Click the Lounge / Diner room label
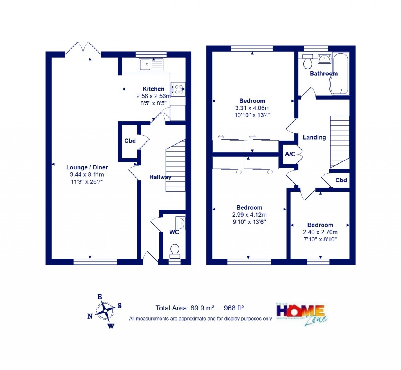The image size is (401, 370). coord(87,167)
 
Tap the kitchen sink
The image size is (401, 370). coord(151,64)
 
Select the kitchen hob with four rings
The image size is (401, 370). coord(177,90)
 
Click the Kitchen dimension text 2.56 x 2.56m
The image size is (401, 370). coord(154,96)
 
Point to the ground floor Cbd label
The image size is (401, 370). coord(130,141)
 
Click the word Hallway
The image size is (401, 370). coord(160,177)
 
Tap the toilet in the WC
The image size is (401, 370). coord(175,251)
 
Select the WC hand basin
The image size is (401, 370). coord(180,223)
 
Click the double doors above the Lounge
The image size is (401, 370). coord(83,49)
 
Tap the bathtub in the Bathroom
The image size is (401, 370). coord(340,74)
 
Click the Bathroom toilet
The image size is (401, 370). coord(308,62)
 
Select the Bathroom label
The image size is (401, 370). coord(323,74)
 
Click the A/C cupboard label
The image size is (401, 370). coord(290,154)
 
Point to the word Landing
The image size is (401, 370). coord(314,137)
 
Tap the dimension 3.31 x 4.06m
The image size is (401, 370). coord(252,108)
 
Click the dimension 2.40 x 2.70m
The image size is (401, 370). coord(320,232)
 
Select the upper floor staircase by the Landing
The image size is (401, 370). coord(340,141)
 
